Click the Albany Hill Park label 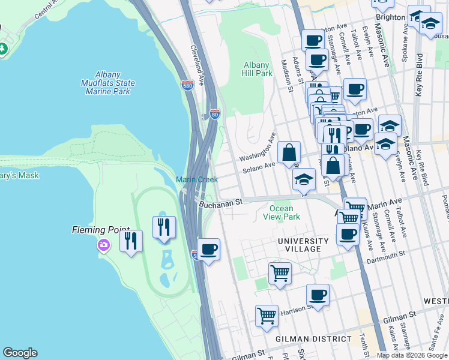(x=258, y=69)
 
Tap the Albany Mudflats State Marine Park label (x=108, y=83)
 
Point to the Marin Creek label (x=191, y=179)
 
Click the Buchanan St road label (x=220, y=203)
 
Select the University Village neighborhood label (x=303, y=241)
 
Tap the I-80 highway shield (x=215, y=113)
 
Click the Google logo (x=20, y=353)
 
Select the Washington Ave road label (x=257, y=149)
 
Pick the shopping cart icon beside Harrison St (x=267, y=316)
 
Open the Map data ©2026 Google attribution (x=412, y=355)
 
